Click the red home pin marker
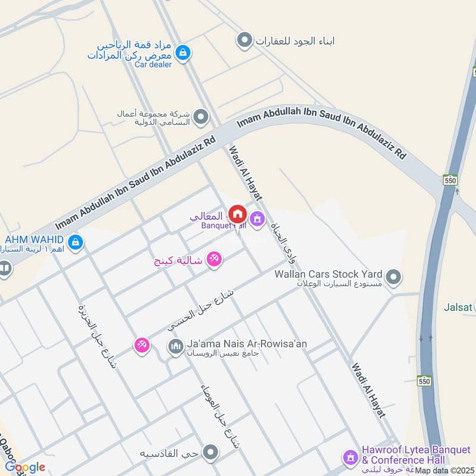pyautogui.click(x=237, y=214)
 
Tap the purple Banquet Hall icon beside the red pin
pyautogui.click(x=256, y=220)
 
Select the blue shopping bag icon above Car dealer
pyautogui.click(x=184, y=53)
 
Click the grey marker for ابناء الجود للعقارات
pyautogui.click(x=243, y=40)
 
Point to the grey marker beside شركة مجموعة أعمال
pyautogui.click(x=201, y=117)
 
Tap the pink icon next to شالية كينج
pyautogui.click(x=215, y=259)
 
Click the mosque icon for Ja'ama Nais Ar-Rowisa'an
pyautogui.click(x=175, y=346)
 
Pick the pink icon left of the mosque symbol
pyautogui.click(x=141, y=345)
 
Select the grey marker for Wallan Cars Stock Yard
pyautogui.click(x=393, y=277)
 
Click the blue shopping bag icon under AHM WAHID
pyautogui.click(x=75, y=242)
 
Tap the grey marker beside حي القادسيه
pyautogui.click(x=209, y=453)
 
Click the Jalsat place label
pyautogui.click(x=458, y=308)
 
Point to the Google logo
pyautogui.click(x=25, y=467)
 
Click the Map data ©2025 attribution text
pyautogui.click(x=444, y=471)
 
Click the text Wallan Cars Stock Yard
pyautogui.click(x=328, y=274)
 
